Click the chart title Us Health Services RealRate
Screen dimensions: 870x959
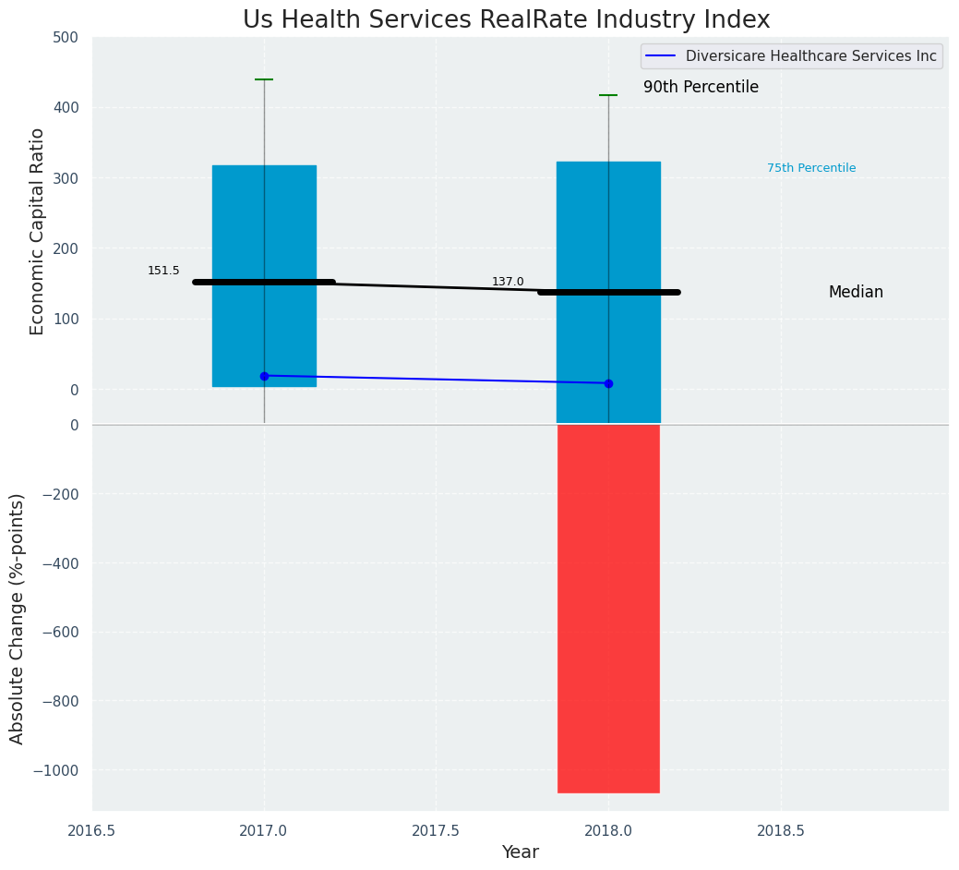point(506,20)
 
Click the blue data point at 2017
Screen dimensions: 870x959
point(264,376)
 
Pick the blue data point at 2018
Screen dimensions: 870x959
point(608,383)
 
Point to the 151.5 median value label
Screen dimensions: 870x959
point(163,271)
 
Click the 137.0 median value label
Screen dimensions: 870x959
point(508,282)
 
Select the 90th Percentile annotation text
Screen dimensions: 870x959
point(701,87)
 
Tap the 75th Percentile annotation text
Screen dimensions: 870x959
point(811,168)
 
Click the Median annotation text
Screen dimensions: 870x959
point(856,292)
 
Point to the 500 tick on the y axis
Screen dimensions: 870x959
point(72,37)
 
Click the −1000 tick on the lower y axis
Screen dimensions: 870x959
point(55,770)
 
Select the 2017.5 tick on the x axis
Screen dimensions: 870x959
point(436,831)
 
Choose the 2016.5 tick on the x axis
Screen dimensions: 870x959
point(91,831)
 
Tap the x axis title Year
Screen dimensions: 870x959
point(520,852)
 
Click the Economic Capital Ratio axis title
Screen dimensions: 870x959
point(38,231)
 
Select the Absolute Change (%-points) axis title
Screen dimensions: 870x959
point(18,618)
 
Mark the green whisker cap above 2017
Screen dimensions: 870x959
point(264,79)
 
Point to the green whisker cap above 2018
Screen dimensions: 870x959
point(608,95)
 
